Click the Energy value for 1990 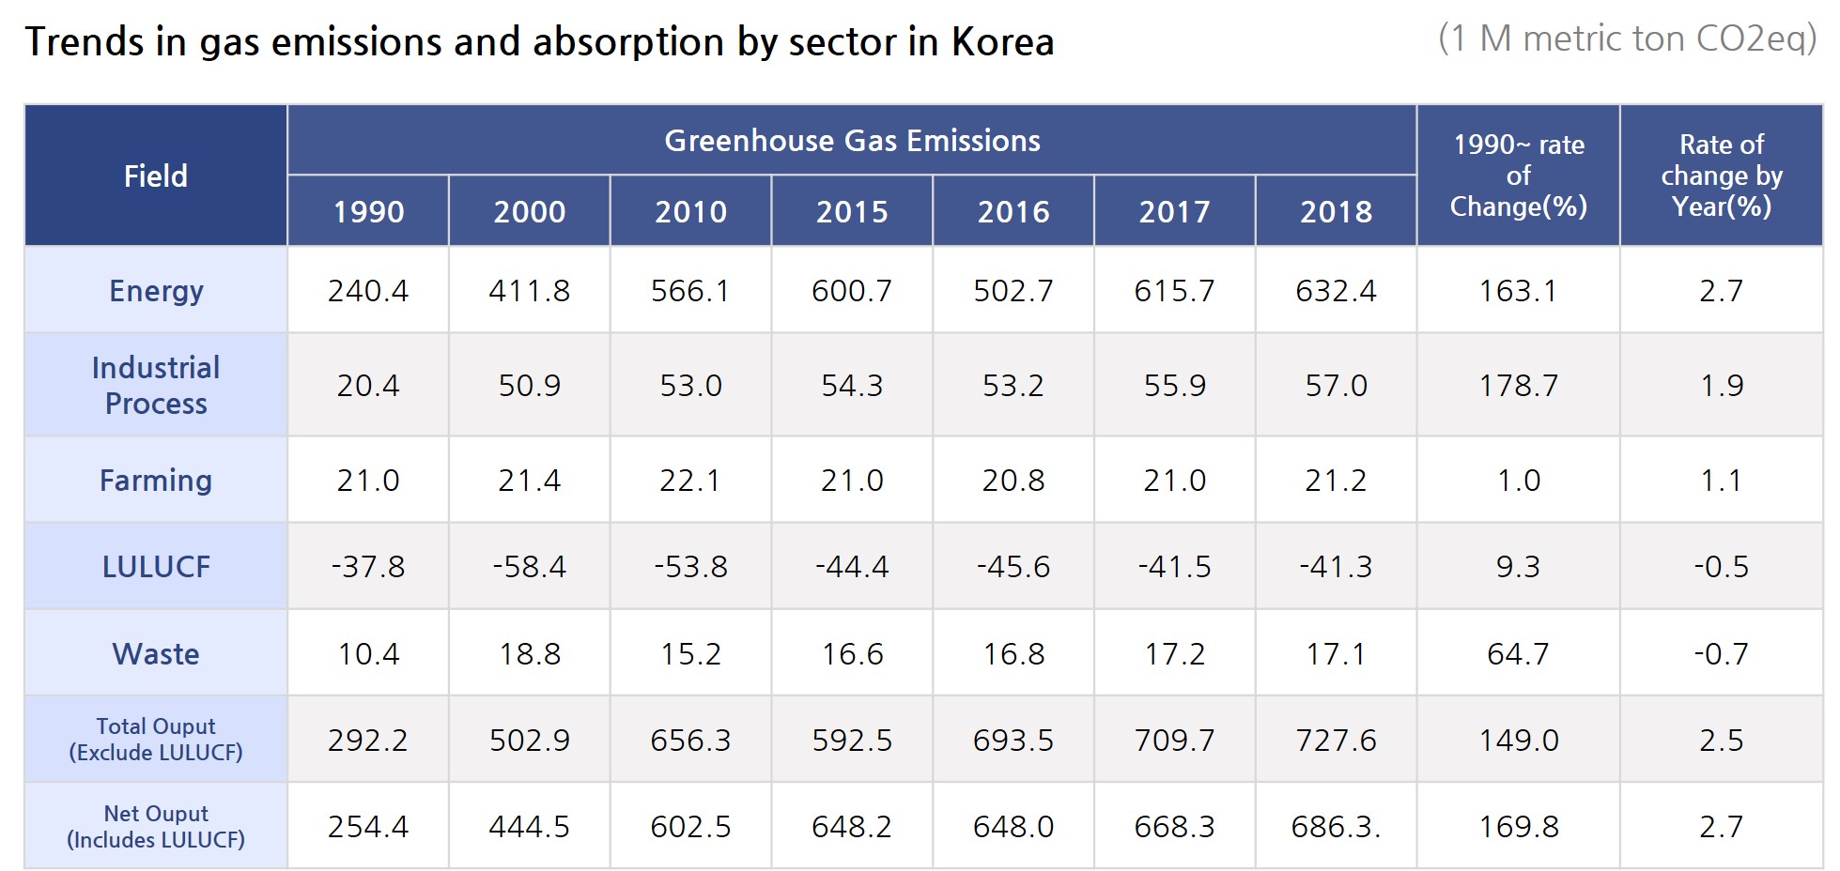tap(368, 291)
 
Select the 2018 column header tap(1336, 212)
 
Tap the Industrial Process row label tap(156, 385)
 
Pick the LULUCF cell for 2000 tap(530, 567)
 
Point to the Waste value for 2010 tap(690, 654)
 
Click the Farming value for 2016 tap(1013, 481)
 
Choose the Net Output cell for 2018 tap(1336, 827)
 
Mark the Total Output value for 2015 tap(852, 741)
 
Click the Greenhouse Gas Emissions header tap(852, 141)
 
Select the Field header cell tap(156, 176)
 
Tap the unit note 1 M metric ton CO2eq tap(1627, 39)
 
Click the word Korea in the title tap(1002, 42)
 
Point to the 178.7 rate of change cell tap(1518, 386)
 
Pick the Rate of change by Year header tap(1721, 176)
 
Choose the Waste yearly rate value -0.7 tap(1721, 654)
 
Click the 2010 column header tap(690, 212)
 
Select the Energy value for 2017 tap(1174, 291)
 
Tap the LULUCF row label tap(156, 567)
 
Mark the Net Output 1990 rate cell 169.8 tap(1518, 827)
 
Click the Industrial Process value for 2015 tap(852, 386)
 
